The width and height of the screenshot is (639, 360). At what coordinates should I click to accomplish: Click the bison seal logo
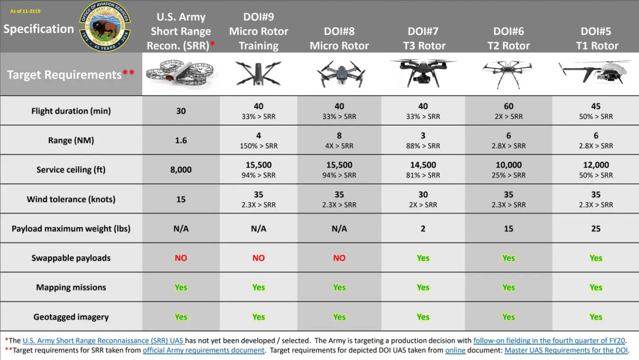click(105, 26)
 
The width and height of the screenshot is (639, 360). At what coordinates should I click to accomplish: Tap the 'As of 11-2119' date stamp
click(25, 11)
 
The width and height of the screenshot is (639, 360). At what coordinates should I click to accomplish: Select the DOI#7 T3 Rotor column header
click(424, 39)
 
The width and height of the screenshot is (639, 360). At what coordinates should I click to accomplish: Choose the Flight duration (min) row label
click(71, 111)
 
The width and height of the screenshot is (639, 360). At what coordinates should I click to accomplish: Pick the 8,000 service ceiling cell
click(180, 170)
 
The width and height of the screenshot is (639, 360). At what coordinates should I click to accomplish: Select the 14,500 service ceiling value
click(423, 165)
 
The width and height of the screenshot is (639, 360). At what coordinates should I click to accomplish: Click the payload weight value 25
click(596, 229)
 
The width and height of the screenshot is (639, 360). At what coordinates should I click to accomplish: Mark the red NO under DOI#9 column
click(258, 258)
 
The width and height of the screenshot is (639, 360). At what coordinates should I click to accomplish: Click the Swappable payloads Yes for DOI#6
click(508, 258)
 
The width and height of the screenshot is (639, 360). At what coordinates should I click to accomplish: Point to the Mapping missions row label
click(71, 287)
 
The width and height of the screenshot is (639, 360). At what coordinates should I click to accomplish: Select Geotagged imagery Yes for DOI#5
click(596, 317)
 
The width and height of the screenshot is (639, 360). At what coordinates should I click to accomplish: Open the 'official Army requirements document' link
click(203, 350)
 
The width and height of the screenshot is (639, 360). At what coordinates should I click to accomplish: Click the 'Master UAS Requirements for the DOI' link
click(566, 350)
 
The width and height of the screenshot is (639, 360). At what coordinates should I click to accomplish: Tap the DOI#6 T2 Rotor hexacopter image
click(508, 73)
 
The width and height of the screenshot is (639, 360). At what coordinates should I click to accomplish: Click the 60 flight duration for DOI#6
click(508, 106)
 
